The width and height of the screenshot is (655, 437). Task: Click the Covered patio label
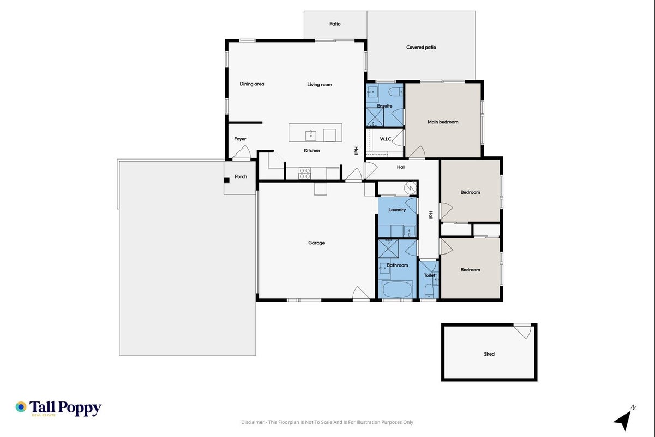(421, 47)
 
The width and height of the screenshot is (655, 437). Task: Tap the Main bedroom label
(443, 122)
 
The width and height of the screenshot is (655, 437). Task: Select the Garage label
(316, 243)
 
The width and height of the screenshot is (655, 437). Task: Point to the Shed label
(489, 354)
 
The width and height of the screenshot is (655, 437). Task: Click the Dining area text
(252, 84)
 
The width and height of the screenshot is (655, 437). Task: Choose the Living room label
(319, 85)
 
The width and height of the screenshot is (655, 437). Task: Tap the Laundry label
(397, 210)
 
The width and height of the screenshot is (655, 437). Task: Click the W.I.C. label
(386, 139)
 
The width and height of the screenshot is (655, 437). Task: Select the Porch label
(241, 176)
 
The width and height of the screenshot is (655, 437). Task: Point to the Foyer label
(240, 139)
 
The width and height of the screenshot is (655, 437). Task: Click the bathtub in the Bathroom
(397, 289)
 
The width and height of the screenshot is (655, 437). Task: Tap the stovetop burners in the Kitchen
(304, 173)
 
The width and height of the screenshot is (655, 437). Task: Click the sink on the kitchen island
(310, 135)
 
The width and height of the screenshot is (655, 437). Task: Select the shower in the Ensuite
(375, 117)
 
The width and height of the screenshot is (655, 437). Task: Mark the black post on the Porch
(226, 180)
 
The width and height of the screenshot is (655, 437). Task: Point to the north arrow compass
(624, 418)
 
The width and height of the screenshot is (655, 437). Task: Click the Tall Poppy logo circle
(21, 407)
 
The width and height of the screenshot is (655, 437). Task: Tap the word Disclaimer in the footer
(253, 422)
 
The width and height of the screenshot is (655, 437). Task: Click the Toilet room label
(429, 275)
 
